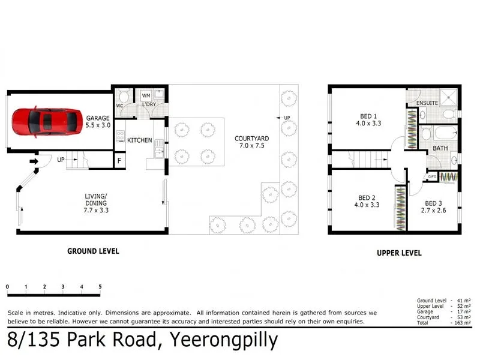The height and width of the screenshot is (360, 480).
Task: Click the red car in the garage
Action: pyautogui.click(x=47, y=122)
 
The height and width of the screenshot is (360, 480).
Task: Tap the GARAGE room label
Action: pyautogui.click(x=98, y=118)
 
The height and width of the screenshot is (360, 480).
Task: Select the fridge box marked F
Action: pyautogui.click(x=119, y=160)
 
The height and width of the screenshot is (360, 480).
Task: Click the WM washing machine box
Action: pyautogui.click(x=146, y=95)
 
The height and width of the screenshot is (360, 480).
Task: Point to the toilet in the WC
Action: pyautogui.click(x=124, y=96)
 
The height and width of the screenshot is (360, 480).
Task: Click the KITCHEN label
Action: pyautogui.click(x=140, y=140)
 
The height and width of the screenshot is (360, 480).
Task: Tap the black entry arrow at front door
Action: pyautogui.click(x=34, y=161)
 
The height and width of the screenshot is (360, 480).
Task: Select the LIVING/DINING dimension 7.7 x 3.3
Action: pyautogui.click(x=96, y=211)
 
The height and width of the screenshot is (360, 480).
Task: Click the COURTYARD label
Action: pyautogui.click(x=251, y=139)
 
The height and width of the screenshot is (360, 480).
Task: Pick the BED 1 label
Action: pyautogui.click(x=368, y=116)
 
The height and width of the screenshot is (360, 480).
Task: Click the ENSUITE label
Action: pyautogui.click(x=427, y=103)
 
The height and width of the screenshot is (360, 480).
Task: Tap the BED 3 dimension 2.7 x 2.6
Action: pyautogui.click(x=433, y=211)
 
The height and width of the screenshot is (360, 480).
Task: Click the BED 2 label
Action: pyautogui.click(x=367, y=198)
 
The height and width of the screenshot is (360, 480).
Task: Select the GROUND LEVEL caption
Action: pyautogui.click(x=93, y=251)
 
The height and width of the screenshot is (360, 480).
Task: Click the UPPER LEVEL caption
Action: pyautogui.click(x=399, y=253)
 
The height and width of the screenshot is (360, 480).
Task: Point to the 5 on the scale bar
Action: pyautogui.click(x=100, y=287)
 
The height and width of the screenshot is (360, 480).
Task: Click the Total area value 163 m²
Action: pyautogui.click(x=463, y=323)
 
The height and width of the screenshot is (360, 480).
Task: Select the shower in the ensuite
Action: pyautogui.click(x=448, y=97)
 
